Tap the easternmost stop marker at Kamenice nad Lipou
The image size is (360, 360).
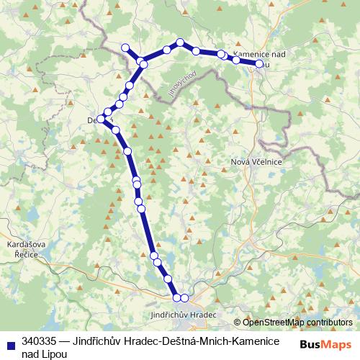[259, 63]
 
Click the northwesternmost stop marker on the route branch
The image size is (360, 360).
[125, 48]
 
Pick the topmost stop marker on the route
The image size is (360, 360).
[180, 42]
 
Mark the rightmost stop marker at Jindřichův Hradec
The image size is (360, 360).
[184, 298]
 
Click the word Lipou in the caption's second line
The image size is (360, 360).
[55, 354]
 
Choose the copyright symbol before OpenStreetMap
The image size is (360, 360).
[237, 323]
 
